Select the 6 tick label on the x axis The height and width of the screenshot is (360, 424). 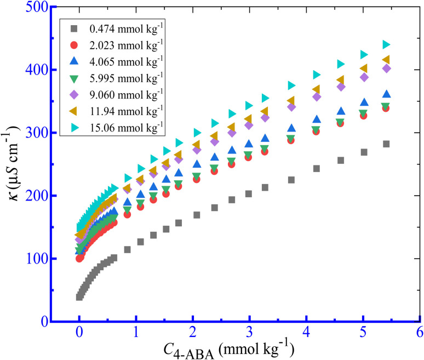point(419,333)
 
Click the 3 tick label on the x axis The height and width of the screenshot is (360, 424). point(249,333)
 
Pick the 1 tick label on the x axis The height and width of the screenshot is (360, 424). point(136,333)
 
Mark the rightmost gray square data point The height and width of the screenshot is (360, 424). point(386,144)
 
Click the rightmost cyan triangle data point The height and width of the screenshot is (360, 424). point(386,44)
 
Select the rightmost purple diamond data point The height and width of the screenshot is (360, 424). point(386,68)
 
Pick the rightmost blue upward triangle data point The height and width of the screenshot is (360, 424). point(386,94)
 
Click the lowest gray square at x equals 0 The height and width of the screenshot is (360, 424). point(79,296)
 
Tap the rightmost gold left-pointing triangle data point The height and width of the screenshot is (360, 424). point(386,59)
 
